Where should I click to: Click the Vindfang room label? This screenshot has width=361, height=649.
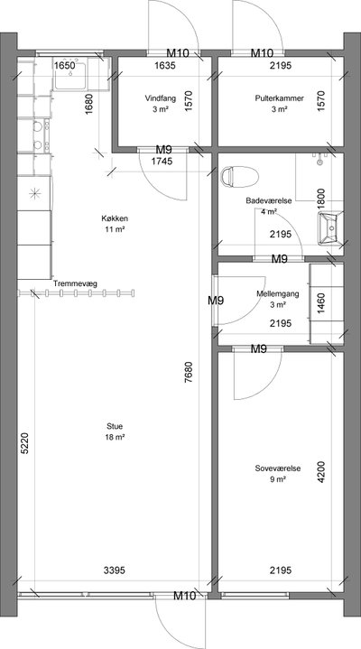pos(161,98)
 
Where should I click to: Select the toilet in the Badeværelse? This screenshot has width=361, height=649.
pos(240,177)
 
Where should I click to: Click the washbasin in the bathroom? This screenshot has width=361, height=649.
pos(331,227)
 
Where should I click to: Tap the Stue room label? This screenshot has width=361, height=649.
pos(115,426)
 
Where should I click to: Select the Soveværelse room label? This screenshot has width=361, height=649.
pos(278,468)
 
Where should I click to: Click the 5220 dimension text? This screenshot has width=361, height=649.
pos(25,444)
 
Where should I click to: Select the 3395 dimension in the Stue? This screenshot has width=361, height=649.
pos(115,570)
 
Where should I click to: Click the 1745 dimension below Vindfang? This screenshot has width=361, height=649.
pos(162,162)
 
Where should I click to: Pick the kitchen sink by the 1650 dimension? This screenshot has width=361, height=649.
pos(70,76)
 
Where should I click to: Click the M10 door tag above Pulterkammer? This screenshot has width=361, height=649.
pos(263,53)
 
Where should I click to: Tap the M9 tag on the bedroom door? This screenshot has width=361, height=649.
pos(259,349)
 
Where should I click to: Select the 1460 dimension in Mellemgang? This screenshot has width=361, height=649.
pos(322,304)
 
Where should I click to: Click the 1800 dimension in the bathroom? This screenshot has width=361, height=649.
pos(321,199)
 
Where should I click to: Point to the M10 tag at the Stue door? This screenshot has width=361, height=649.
pos(184,596)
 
